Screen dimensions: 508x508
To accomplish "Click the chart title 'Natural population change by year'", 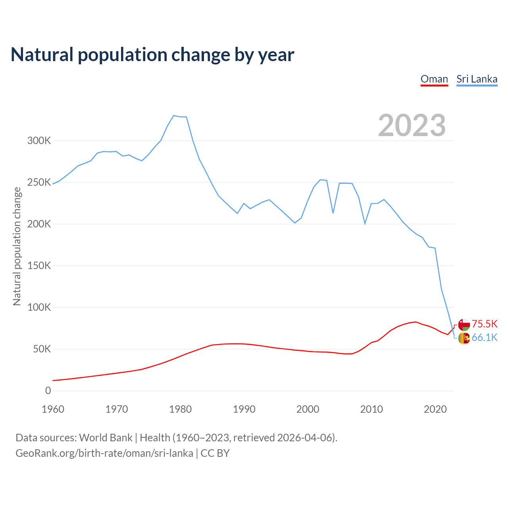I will tap(152, 55).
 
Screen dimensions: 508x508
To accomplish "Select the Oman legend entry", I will tap(434, 79).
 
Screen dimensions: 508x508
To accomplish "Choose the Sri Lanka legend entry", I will tap(477, 79).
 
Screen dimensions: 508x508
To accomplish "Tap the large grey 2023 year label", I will tap(412, 125).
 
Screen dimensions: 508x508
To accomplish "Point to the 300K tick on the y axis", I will tap(39, 140).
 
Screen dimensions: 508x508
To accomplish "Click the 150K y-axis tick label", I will tap(39, 266).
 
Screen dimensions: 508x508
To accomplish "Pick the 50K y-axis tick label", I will tap(42, 349).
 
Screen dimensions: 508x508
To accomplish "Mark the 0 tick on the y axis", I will tap(48, 391).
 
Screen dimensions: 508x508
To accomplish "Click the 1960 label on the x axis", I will tap(53, 409).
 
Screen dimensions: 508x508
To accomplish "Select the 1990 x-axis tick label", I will tap(244, 409).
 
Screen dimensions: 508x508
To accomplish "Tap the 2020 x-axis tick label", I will tap(435, 409).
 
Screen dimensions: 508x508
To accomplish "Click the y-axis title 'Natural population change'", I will tap(17, 246).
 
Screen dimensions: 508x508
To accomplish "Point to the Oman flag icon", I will tap(464, 324).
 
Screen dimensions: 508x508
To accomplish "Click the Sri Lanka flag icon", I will tap(464, 338).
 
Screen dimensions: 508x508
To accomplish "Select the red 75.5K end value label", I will tap(484, 324).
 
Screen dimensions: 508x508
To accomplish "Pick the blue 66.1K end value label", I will tap(484, 338).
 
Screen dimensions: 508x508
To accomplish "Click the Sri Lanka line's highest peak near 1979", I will tap(174, 115).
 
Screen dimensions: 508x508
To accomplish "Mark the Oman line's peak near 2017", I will tap(416, 322).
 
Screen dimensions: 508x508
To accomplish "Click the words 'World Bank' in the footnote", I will tap(106, 438).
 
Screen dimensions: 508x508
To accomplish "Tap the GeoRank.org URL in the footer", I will tap(104, 453).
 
